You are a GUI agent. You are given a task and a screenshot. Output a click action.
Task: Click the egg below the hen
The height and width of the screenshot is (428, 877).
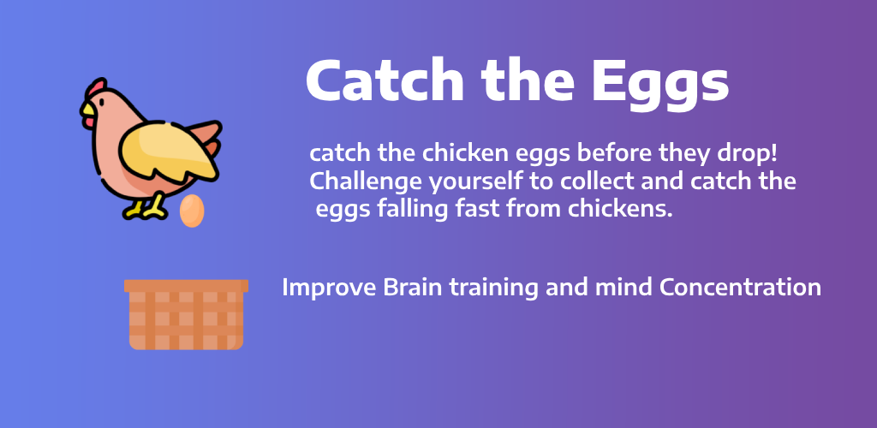[x=192, y=211]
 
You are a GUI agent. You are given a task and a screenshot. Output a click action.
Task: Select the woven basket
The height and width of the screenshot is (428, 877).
[x=186, y=314]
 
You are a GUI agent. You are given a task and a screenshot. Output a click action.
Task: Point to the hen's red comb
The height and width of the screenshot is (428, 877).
[x=96, y=87]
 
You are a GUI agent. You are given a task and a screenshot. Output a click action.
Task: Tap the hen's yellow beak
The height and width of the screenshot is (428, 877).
[x=88, y=115]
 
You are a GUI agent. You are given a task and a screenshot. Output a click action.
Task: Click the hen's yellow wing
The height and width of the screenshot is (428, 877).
[x=167, y=153]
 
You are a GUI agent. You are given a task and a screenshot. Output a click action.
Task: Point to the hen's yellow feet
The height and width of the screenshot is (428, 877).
[x=146, y=208]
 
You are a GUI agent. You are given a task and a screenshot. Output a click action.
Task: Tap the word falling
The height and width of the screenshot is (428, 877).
[x=412, y=211]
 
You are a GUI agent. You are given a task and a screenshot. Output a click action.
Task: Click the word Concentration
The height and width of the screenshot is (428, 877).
[x=740, y=288]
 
